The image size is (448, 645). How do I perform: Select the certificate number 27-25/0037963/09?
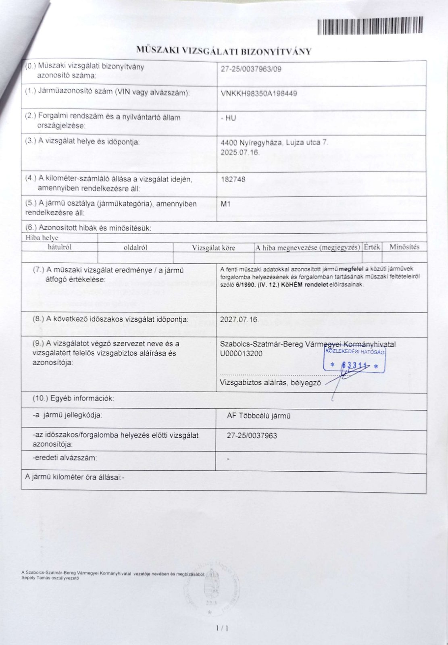(251, 69)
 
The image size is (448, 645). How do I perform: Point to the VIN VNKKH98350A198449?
(259, 94)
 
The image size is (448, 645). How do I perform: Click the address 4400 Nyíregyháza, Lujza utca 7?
(275, 143)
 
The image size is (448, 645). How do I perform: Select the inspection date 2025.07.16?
(240, 153)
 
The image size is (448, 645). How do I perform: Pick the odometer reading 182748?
(233, 179)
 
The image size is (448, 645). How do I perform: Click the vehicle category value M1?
(225, 204)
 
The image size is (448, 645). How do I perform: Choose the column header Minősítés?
(404, 247)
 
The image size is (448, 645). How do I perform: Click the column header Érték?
(372, 247)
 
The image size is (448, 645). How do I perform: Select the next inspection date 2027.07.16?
(239, 319)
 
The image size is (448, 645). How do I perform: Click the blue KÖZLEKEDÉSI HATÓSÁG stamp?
(354, 360)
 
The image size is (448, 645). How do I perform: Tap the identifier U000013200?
(241, 354)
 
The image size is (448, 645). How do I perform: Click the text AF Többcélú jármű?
(258, 416)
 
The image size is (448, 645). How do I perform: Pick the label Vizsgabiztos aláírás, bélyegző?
(270, 383)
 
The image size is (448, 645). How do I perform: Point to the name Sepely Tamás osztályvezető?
(50, 578)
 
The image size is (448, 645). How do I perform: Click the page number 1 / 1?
(222, 628)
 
